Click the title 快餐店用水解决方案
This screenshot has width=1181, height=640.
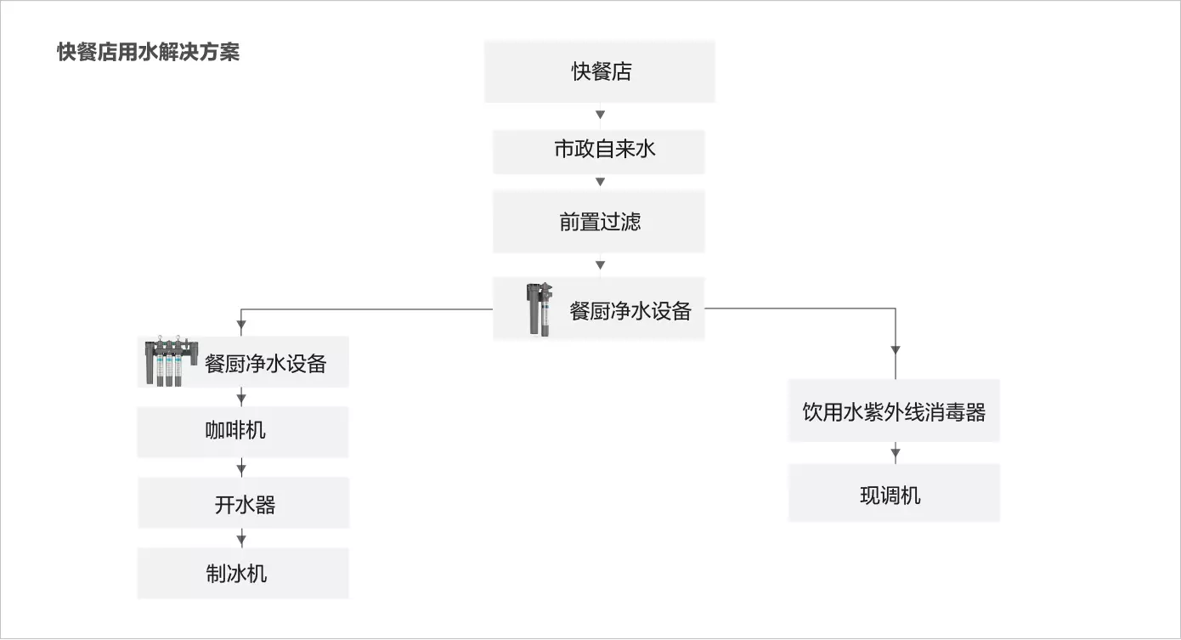pyautogui.click(x=148, y=52)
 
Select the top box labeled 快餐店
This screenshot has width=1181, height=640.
pyautogui.click(x=600, y=71)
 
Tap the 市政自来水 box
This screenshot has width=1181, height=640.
pyautogui.click(x=599, y=152)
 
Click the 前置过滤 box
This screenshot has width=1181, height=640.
pyautogui.click(x=599, y=222)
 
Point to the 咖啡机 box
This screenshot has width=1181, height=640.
pyautogui.click(x=242, y=432)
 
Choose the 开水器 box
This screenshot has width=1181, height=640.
pyautogui.click(x=244, y=503)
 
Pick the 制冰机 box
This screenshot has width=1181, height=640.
pyautogui.click(x=243, y=573)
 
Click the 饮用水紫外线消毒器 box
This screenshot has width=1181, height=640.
pyautogui.click(x=894, y=411)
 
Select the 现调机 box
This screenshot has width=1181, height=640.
pyautogui.click(x=894, y=493)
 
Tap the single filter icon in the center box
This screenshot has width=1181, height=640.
pyautogui.click(x=540, y=309)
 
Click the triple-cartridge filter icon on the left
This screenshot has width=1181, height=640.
pyautogui.click(x=172, y=360)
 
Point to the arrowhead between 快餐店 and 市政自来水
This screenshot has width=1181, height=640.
pyautogui.click(x=600, y=115)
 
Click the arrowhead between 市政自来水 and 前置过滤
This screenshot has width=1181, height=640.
pyautogui.click(x=600, y=182)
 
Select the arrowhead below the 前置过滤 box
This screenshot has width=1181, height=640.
pyautogui.click(x=600, y=265)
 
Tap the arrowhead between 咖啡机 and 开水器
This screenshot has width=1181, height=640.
pyautogui.click(x=241, y=468)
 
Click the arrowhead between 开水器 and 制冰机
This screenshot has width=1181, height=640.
pyautogui.click(x=241, y=539)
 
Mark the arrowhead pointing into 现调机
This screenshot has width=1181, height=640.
pyautogui.click(x=896, y=453)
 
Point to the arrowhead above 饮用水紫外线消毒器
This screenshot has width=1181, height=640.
pyautogui.click(x=896, y=350)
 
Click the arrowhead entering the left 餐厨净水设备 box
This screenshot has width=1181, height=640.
pyautogui.click(x=241, y=325)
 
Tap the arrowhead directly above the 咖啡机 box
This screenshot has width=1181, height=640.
pyautogui.click(x=241, y=397)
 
